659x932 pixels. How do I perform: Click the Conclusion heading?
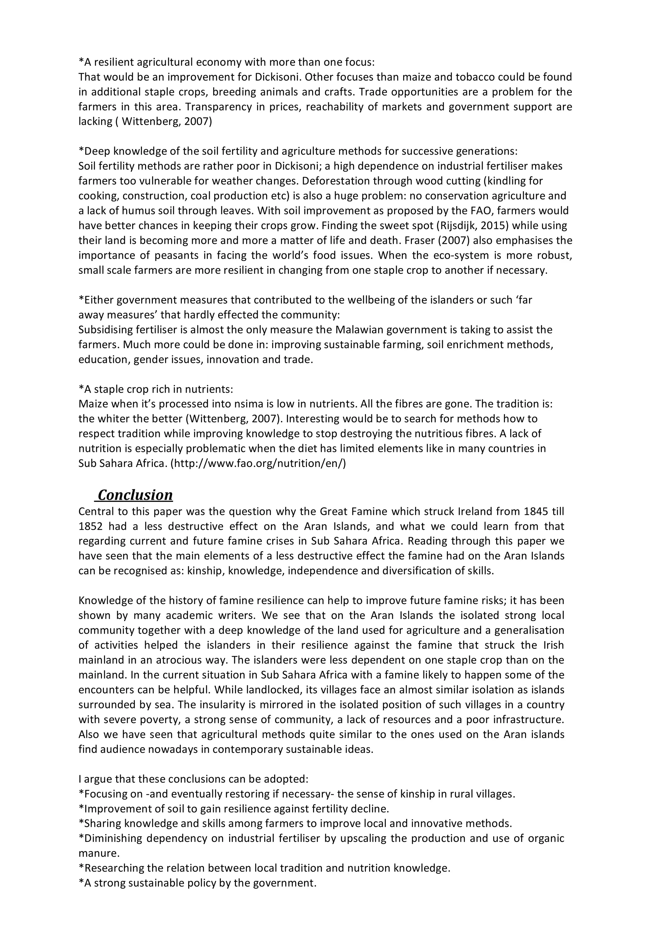click(135, 495)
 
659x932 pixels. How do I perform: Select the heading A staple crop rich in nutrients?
click(156, 389)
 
